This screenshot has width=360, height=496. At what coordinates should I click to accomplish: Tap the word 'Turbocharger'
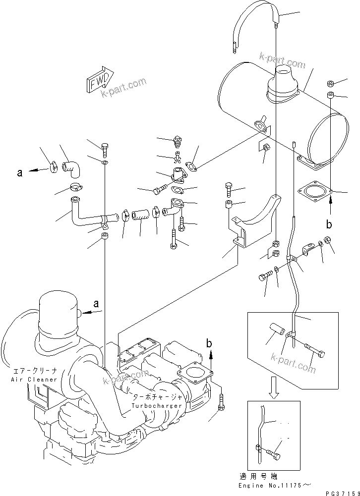pyautogui.click(x=157, y=406)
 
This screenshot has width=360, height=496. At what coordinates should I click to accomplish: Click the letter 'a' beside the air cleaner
pyautogui.click(x=96, y=303)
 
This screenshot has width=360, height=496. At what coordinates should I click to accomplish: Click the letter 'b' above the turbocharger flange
pyautogui.click(x=210, y=342)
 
